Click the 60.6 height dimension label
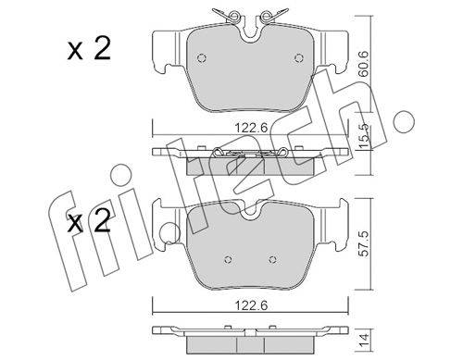364,64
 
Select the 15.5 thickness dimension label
364,135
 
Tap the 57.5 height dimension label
365,244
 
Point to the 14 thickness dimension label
365,340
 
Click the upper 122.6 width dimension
251,128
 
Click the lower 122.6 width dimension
251,305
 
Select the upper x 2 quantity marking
89,50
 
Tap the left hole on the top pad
202,58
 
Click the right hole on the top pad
299,57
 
